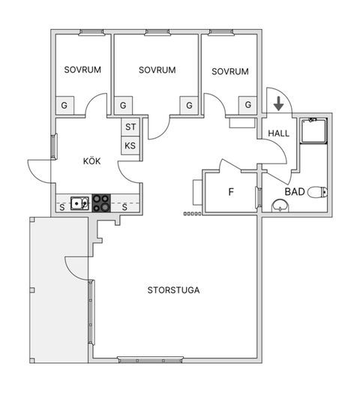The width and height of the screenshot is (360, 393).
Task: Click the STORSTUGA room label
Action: click(x=173, y=290)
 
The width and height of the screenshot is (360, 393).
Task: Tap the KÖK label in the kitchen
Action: click(x=92, y=161)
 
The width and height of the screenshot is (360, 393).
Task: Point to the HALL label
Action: click(x=278, y=133)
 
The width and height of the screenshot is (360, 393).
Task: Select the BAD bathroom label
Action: click(x=295, y=192)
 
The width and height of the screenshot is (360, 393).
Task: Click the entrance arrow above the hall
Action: click(x=278, y=103)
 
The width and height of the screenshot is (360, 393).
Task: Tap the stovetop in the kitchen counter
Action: click(x=101, y=203)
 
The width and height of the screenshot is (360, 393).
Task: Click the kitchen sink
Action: click(x=79, y=203)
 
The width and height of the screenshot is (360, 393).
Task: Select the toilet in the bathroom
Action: click(x=318, y=192)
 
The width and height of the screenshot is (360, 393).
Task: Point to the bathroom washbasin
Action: click(x=280, y=205)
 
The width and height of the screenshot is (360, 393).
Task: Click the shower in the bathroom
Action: click(x=313, y=130)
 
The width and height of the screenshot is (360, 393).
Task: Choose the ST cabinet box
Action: click(x=130, y=127)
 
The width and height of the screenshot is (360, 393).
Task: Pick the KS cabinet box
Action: click(x=130, y=145)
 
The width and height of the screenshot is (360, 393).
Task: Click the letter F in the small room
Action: click(x=231, y=192)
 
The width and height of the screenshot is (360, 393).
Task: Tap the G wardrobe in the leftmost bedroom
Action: click(x=64, y=105)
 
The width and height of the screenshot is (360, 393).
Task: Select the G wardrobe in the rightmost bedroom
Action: click(x=247, y=105)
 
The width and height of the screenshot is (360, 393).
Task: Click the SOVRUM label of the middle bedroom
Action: click(x=157, y=70)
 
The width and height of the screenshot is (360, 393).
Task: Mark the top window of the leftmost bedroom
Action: click(x=91, y=32)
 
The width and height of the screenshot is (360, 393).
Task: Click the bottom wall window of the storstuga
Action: click(x=151, y=360)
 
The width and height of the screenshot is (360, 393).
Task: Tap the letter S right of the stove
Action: click(x=124, y=207)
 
